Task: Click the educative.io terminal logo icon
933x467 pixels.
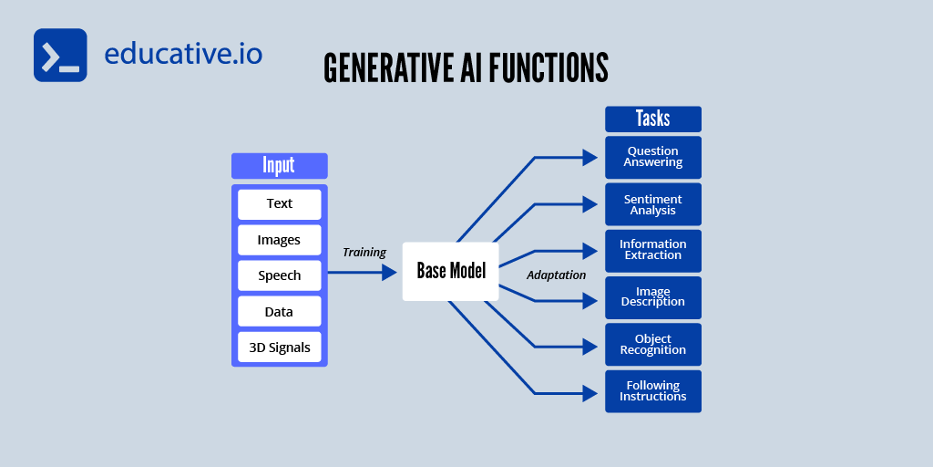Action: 60,56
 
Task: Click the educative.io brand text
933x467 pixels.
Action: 183,54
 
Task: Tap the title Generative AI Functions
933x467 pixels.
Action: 466,68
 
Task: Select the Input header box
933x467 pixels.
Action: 279,165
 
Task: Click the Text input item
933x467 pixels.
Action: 279,203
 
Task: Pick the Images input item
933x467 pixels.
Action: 279,240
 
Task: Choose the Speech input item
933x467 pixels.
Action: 279,275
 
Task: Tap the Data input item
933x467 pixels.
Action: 279,311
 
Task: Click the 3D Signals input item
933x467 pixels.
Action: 279,347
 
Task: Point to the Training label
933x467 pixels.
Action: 364,252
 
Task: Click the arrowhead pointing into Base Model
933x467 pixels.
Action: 391,272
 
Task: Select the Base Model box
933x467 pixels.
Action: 451,271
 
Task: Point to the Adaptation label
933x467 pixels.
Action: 556,275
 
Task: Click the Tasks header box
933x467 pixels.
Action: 652,119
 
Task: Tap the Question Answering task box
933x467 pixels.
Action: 652,157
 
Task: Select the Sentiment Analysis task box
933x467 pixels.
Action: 652,204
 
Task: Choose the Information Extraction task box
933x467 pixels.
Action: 652,250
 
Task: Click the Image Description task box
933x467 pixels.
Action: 652,297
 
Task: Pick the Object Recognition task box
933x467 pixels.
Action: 652,345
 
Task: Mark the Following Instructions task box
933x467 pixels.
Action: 652,391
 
